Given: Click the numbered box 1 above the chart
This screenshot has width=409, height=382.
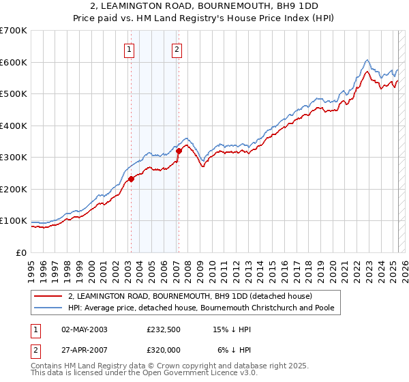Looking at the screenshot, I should [130, 48].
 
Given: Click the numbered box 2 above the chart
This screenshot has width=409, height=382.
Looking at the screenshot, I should [177, 48].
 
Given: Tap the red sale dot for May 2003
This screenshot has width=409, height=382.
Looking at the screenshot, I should [131, 179].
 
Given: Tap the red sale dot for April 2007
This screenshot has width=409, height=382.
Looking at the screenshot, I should [179, 151].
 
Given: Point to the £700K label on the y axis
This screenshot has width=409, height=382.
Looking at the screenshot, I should [14, 31].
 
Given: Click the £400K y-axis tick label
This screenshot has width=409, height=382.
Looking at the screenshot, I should [14, 126].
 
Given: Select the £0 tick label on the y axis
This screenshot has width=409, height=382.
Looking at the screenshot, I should [22, 252].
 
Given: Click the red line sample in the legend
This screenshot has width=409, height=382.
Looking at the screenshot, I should [48, 296].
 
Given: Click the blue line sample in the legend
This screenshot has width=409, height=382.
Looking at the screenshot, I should [48, 308].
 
